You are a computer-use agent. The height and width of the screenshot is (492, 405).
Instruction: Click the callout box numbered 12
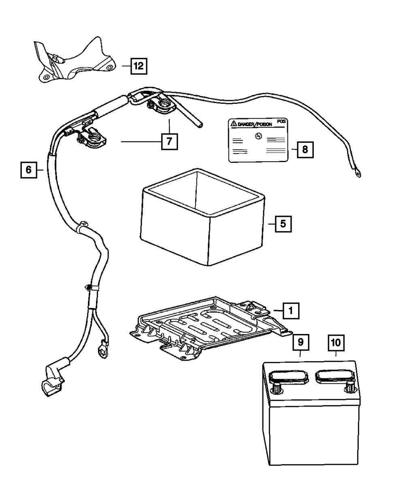[128, 66]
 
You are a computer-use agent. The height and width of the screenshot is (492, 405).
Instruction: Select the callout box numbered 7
[169, 141]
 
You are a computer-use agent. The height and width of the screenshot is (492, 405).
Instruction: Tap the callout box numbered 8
[305, 149]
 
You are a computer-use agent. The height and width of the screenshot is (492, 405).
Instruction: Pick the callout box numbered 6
[28, 170]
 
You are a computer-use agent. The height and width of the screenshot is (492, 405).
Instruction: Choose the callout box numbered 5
[283, 223]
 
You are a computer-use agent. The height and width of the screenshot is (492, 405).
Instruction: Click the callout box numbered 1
[291, 311]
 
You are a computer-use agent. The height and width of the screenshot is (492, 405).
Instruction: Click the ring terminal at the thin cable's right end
[358, 174]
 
